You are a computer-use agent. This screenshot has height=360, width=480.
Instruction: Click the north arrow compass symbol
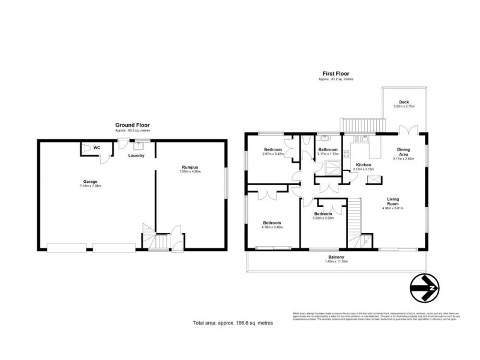tap(427, 291)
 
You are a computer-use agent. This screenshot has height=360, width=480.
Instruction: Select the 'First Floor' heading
tap(336, 74)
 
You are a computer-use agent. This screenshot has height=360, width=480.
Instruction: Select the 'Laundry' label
tap(137, 155)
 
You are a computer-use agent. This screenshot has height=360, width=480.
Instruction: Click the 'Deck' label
tap(404, 101)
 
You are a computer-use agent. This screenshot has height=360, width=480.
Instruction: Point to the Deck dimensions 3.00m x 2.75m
tap(404, 107)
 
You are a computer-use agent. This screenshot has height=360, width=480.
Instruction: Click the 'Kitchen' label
tap(364, 164)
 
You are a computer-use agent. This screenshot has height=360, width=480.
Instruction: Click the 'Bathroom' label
tap(328, 149)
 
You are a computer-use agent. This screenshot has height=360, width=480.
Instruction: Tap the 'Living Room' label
tap(394, 202)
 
